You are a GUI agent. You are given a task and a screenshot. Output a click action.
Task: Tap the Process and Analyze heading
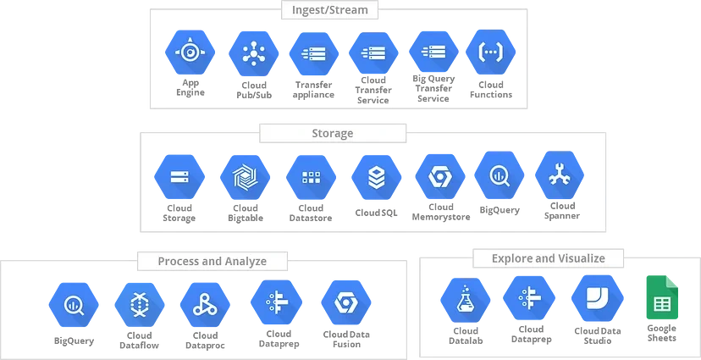pyautogui.click(x=212, y=261)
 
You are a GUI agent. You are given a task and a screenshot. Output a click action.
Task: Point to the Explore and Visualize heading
pyautogui.click(x=549, y=258)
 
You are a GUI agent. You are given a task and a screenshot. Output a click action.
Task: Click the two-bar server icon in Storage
pyautogui.click(x=179, y=178)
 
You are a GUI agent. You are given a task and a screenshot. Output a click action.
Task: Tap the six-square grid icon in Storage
pyautogui.click(x=311, y=178)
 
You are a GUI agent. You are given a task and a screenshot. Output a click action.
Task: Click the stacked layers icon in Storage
pyautogui.click(x=375, y=178)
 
